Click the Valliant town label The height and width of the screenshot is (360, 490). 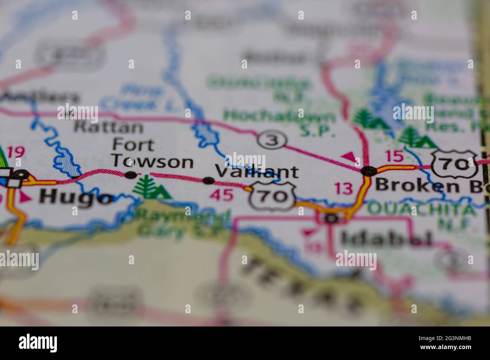click(x=257, y=172)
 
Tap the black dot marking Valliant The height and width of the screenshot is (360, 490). click(x=208, y=181)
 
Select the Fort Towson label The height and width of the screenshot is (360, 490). click(x=153, y=154)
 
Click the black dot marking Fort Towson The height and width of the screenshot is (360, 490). click(x=131, y=175)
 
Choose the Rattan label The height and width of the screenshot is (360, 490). click(x=109, y=127)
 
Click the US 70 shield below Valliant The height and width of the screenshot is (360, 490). click(x=273, y=196)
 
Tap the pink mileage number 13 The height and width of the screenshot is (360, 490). click(x=344, y=189)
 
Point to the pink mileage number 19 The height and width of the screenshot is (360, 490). click(x=16, y=152)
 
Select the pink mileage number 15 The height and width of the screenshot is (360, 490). click(x=395, y=156)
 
